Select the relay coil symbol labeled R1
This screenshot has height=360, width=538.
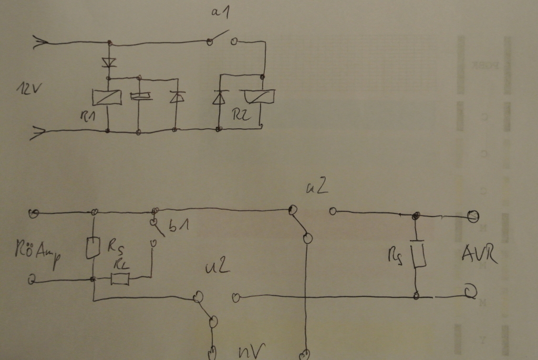(x=106, y=97)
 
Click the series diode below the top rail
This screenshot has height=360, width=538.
(x=109, y=62)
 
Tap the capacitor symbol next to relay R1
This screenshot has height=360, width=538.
(x=139, y=96)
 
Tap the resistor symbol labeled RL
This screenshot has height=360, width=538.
(x=121, y=279)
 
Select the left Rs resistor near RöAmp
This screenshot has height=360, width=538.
(x=92, y=248)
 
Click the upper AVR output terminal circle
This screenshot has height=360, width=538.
(x=473, y=216)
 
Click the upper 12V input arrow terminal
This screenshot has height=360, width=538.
(x=38, y=43)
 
